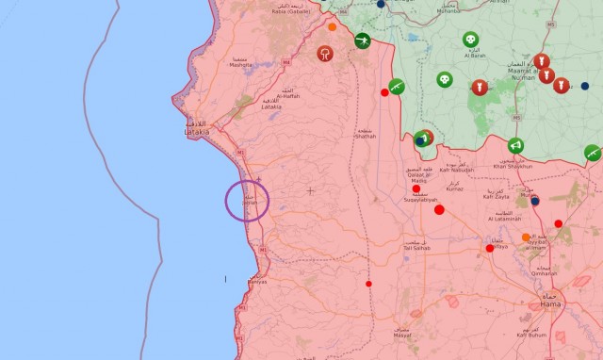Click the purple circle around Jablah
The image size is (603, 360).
(x=248, y=201)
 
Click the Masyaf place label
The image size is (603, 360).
(x=402, y=335)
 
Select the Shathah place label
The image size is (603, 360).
(x=364, y=136)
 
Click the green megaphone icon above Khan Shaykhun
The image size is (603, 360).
(x=514, y=146)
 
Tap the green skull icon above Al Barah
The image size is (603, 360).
(x=469, y=40)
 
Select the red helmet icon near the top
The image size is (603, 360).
(x=326, y=54)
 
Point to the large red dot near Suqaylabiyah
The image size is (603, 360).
(x=439, y=209)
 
